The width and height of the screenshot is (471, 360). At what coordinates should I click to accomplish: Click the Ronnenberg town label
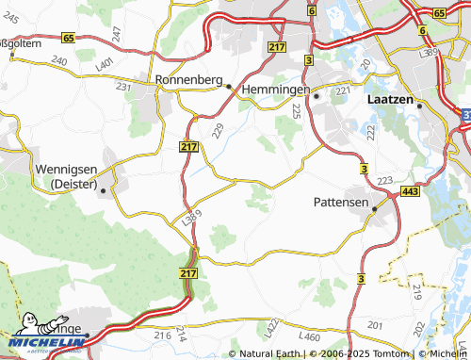[x=189, y=80]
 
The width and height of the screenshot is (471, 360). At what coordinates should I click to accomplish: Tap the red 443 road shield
[x=411, y=191]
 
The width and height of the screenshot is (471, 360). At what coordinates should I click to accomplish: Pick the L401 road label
[x=105, y=62]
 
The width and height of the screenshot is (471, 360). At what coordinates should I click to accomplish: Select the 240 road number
[x=60, y=59]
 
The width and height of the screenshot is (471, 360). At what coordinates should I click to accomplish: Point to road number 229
[x=218, y=130]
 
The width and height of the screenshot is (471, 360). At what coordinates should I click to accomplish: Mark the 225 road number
[x=296, y=111]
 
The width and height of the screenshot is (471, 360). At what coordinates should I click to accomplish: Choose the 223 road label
[x=383, y=180]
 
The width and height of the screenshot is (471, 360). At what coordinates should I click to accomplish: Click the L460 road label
[x=309, y=336]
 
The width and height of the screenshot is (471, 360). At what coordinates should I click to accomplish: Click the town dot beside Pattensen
[x=376, y=209]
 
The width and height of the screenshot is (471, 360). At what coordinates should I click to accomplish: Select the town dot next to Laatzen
[x=420, y=104]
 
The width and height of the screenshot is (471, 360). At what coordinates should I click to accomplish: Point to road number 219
[x=416, y=291]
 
